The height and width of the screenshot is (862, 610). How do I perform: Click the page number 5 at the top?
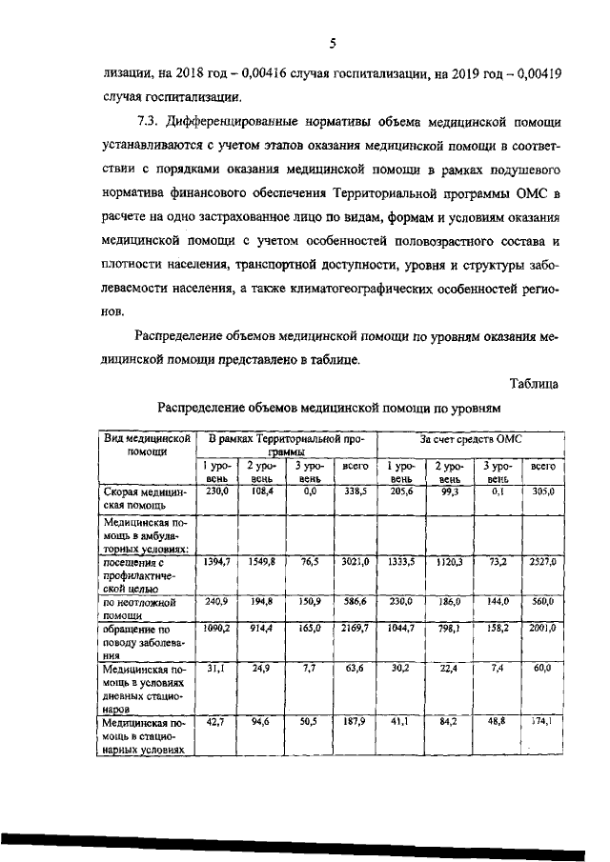pos(333,42)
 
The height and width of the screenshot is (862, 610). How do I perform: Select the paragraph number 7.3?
pos(150,122)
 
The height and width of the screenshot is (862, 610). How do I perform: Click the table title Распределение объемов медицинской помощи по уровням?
pos(328,408)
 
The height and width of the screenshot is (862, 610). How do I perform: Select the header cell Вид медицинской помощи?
pos(142,447)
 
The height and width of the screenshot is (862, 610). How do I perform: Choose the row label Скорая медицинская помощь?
pos(142,498)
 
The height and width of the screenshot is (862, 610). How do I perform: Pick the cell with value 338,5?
pos(355,491)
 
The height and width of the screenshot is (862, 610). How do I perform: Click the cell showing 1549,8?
pos(259,563)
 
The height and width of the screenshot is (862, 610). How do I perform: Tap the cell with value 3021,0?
pos(355,563)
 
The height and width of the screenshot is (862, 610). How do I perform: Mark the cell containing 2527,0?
pos(541,563)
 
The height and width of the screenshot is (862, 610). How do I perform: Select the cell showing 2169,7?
pos(355,631)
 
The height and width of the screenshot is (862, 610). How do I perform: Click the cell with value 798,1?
pos(448,631)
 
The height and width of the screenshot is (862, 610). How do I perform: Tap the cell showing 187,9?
pos(355,723)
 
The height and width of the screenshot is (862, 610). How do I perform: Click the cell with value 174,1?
pos(541,723)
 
